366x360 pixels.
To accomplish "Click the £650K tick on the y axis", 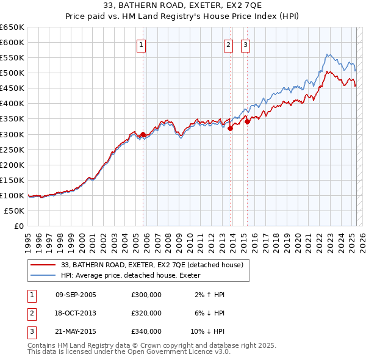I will [x=12, y=27].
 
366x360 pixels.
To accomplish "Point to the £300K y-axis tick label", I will [x=12, y=134].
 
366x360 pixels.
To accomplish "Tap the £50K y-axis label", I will [x=15, y=211].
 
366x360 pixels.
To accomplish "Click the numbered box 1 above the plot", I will [x=141, y=45].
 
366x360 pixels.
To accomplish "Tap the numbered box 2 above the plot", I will [x=228, y=45].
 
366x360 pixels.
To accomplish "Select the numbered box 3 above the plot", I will [x=245, y=45].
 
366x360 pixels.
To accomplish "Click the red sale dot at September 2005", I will [x=143, y=134].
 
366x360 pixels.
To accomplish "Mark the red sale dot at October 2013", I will [x=231, y=128].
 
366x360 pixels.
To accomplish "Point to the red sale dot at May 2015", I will [x=248, y=121].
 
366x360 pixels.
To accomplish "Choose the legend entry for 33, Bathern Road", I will [x=152, y=265].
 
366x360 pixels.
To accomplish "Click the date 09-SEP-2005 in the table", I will [x=76, y=295].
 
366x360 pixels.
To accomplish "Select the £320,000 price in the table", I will [x=146, y=313].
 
